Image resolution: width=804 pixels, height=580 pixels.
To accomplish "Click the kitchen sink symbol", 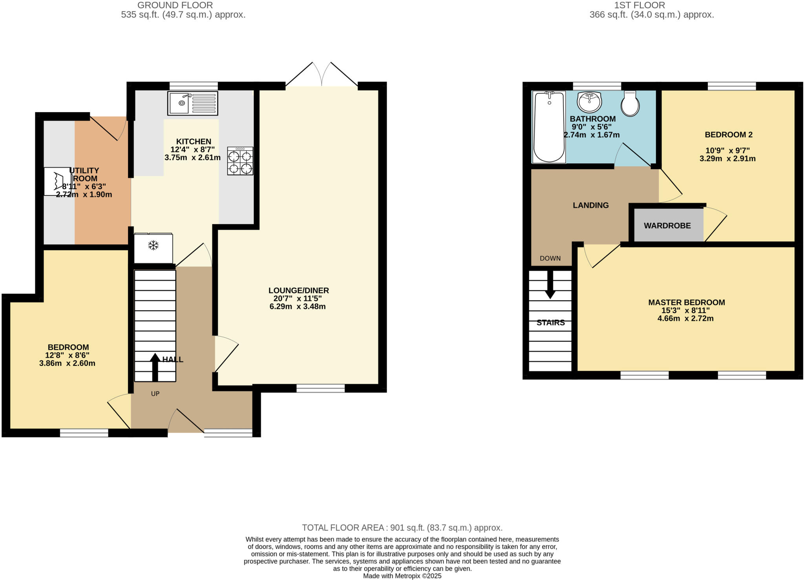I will click(x=192, y=103).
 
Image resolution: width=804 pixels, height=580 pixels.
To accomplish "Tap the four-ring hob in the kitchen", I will click(x=240, y=161).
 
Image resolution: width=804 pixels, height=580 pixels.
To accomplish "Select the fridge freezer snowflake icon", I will click(x=153, y=246).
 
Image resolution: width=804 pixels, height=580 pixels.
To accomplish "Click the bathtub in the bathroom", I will click(x=549, y=126).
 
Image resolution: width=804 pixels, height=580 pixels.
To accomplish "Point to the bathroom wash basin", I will click(x=589, y=102).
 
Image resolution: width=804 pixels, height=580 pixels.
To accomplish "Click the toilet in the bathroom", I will click(x=630, y=104).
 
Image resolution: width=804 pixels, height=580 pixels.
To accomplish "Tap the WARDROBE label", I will click(x=667, y=226).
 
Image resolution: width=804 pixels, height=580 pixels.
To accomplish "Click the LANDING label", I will click(x=590, y=205).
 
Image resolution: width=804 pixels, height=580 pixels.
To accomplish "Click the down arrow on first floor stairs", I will click(x=550, y=285).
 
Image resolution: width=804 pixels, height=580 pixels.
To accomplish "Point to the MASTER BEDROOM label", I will click(x=686, y=303).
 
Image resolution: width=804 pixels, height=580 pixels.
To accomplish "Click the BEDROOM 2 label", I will click(x=728, y=135).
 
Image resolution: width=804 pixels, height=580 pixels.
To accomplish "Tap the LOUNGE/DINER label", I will click(x=298, y=290).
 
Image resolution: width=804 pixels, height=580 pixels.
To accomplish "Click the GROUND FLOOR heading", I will click(x=175, y=5).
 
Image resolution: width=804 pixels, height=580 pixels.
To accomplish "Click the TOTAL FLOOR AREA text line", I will click(x=402, y=527).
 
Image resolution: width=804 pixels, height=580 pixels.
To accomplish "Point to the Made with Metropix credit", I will click(x=402, y=576).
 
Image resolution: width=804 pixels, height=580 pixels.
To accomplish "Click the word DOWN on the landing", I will click(x=550, y=258).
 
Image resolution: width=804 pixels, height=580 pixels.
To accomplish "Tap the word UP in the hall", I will click(x=155, y=394).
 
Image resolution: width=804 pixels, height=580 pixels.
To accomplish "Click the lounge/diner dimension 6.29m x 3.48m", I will click(x=298, y=306).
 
